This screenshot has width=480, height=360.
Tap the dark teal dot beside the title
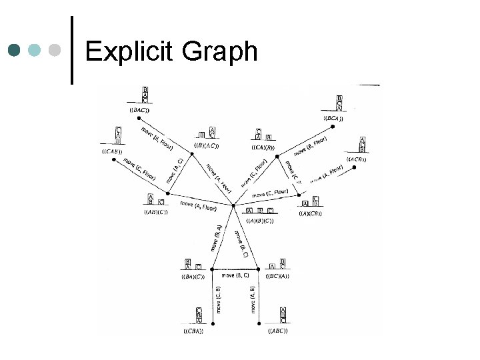pos(15,51)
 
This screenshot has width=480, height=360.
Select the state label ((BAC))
pos(139,109)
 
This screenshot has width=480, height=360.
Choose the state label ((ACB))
pos(357,159)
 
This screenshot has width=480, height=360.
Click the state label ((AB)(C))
pos(156,212)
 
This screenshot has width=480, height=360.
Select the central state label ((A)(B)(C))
pos(259,219)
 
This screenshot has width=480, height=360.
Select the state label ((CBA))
pos(193,331)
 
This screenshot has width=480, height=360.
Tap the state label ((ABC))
pos(277,330)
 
